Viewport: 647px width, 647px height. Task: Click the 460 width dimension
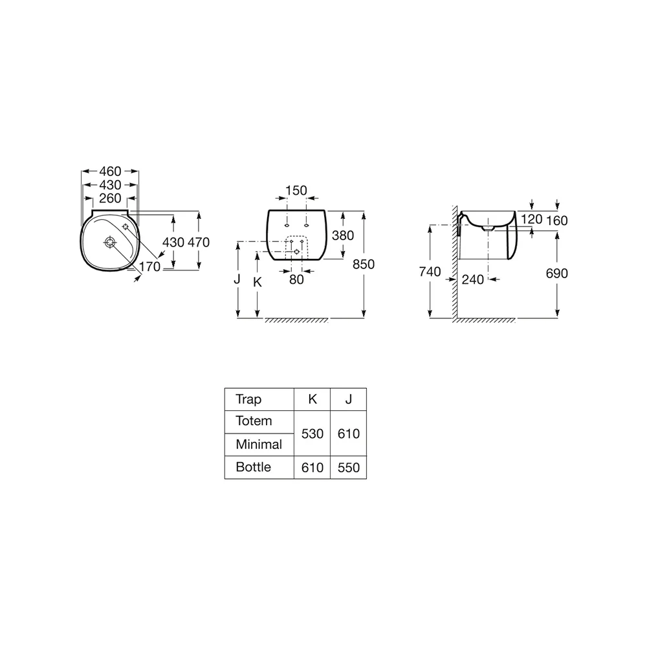tap(110, 171)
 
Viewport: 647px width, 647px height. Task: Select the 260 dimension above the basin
tap(110, 199)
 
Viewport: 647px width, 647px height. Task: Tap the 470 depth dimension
tap(199, 242)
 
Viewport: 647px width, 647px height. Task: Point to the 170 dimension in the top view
tap(150, 267)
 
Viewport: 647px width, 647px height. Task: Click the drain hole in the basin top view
tap(110, 242)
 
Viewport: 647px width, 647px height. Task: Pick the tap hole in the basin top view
tap(126, 226)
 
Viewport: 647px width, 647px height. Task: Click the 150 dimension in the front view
tap(296, 190)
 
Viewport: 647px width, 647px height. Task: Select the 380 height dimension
tap(343, 236)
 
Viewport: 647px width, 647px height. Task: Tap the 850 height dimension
tap(364, 264)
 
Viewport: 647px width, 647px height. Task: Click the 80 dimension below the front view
tap(296, 280)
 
